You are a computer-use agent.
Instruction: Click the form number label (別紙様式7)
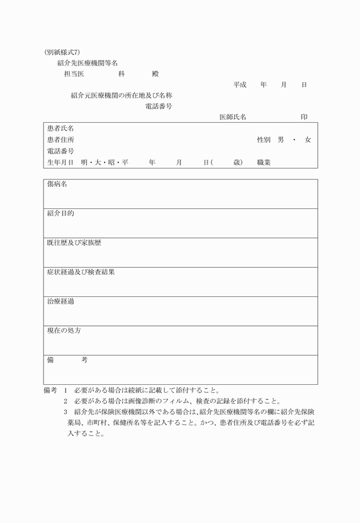[62, 52]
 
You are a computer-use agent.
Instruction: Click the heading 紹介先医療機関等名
[87, 63]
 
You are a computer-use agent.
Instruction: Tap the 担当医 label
[74, 74]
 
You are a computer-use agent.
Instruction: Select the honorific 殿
[155, 74]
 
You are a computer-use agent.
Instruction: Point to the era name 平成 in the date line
[239, 85]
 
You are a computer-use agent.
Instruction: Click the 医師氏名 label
[233, 117]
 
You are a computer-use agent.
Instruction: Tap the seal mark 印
[304, 117]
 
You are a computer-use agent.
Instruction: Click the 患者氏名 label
[60, 128]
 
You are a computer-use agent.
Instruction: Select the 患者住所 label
[60, 140]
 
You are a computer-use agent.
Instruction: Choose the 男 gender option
[281, 140]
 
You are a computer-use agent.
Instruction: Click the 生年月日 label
[60, 163]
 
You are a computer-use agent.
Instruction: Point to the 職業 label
[264, 163]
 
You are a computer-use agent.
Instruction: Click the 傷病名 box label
[57, 184]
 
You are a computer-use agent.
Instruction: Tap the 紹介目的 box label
[61, 214]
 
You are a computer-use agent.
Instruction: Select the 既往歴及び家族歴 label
[74, 243]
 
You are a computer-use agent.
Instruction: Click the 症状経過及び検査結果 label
[81, 272]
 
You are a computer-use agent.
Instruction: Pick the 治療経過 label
[61, 301]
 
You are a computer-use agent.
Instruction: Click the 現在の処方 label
[64, 331]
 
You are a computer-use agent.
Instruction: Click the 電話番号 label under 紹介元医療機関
[159, 106]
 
